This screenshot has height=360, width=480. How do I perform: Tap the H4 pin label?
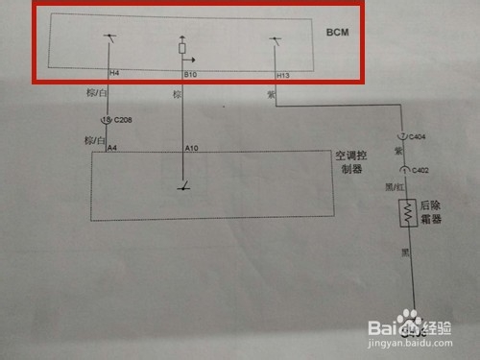coord(114,73)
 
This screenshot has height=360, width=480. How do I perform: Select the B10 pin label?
coord(190,73)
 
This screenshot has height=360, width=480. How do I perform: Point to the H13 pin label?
coord(281,73)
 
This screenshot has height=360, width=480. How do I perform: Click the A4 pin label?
coord(113,148)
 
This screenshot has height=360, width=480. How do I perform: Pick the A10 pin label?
coord(190,148)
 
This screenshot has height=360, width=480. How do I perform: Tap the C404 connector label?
coord(419,136)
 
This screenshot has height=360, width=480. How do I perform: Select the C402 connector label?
coord(419,170)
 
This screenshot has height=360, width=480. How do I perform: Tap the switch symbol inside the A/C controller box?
coord(182,186)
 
